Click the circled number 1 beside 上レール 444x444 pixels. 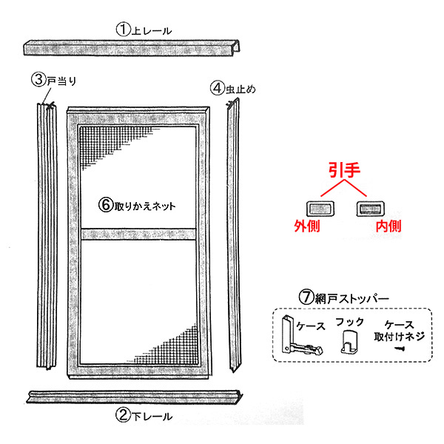coord(123,30)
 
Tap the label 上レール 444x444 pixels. coord(152,30)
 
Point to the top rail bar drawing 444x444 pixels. coord(132,47)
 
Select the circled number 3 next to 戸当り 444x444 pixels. coord(38,80)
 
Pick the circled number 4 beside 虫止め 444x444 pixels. coord(218,88)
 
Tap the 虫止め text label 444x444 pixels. coord(240,89)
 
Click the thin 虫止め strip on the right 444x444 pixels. coord(234,235)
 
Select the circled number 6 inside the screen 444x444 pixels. coord(106,204)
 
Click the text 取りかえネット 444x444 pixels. coord(145,206)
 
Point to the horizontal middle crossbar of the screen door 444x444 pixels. coord(138,234)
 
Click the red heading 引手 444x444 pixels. coord(344,170)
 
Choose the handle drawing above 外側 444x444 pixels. coord(321,209)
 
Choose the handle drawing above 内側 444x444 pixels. coord(370,209)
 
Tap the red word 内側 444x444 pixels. coord(388,226)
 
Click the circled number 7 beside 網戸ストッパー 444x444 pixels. coord(306,297)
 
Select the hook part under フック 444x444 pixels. coord(349,342)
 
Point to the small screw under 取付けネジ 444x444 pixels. coord(400,348)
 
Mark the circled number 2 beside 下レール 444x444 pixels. coord(123,415)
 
